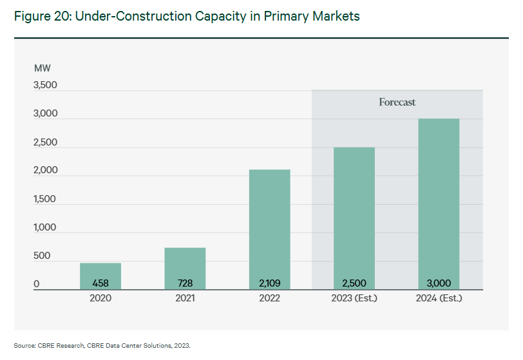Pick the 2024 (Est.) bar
(438, 200)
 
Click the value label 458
(100, 283)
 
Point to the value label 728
(185, 283)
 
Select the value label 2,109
(269, 283)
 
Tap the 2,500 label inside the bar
(354, 283)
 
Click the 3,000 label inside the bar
(438, 283)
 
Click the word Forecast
(397, 102)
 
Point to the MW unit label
(43, 68)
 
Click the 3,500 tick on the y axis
(44, 85)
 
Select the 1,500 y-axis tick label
(44, 199)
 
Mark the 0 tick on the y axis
(37, 284)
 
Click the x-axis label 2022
(269, 298)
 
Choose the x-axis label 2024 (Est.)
(438, 298)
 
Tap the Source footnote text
(102, 346)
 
